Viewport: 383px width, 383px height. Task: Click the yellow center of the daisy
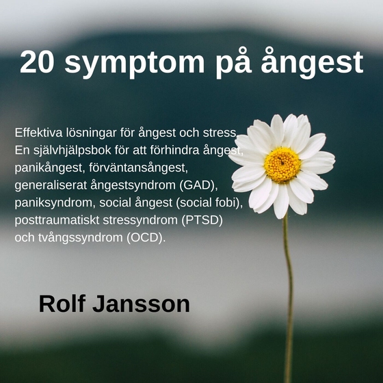(x=282, y=165)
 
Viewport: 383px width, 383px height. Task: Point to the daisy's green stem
(x=288, y=287)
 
